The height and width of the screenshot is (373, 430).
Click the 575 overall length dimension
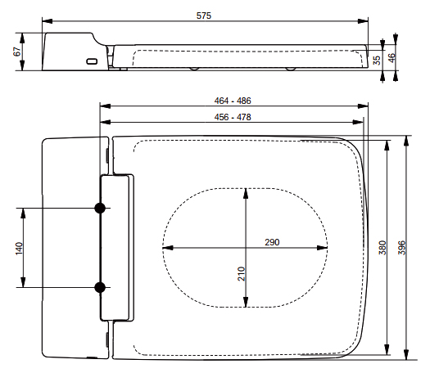click(204, 16)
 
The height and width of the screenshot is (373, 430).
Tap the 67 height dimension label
click(17, 52)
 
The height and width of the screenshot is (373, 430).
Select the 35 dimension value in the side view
click(377, 61)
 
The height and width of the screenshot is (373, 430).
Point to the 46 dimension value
click(392, 57)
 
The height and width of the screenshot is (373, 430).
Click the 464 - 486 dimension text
click(233, 101)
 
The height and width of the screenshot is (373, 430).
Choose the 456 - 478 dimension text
click(233, 117)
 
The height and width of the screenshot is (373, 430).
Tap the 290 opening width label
click(272, 242)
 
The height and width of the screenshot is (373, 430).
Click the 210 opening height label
click(241, 274)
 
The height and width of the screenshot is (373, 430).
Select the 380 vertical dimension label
click(382, 248)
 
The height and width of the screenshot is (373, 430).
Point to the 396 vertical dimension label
click(401, 248)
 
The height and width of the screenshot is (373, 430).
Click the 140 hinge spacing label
click(19, 249)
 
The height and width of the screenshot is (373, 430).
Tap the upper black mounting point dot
click(100, 208)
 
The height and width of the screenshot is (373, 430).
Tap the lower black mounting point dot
click(100, 287)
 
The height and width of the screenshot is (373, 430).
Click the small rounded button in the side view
click(92, 61)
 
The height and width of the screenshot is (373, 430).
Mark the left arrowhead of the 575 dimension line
click(48, 21)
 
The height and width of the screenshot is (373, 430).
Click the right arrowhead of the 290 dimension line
click(322, 248)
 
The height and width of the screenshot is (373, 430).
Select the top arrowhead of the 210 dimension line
click(246, 193)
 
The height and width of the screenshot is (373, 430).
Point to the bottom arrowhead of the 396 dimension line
click(406, 354)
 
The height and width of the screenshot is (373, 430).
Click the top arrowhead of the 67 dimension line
click(22, 38)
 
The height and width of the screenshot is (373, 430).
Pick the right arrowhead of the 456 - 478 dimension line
click(358, 122)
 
